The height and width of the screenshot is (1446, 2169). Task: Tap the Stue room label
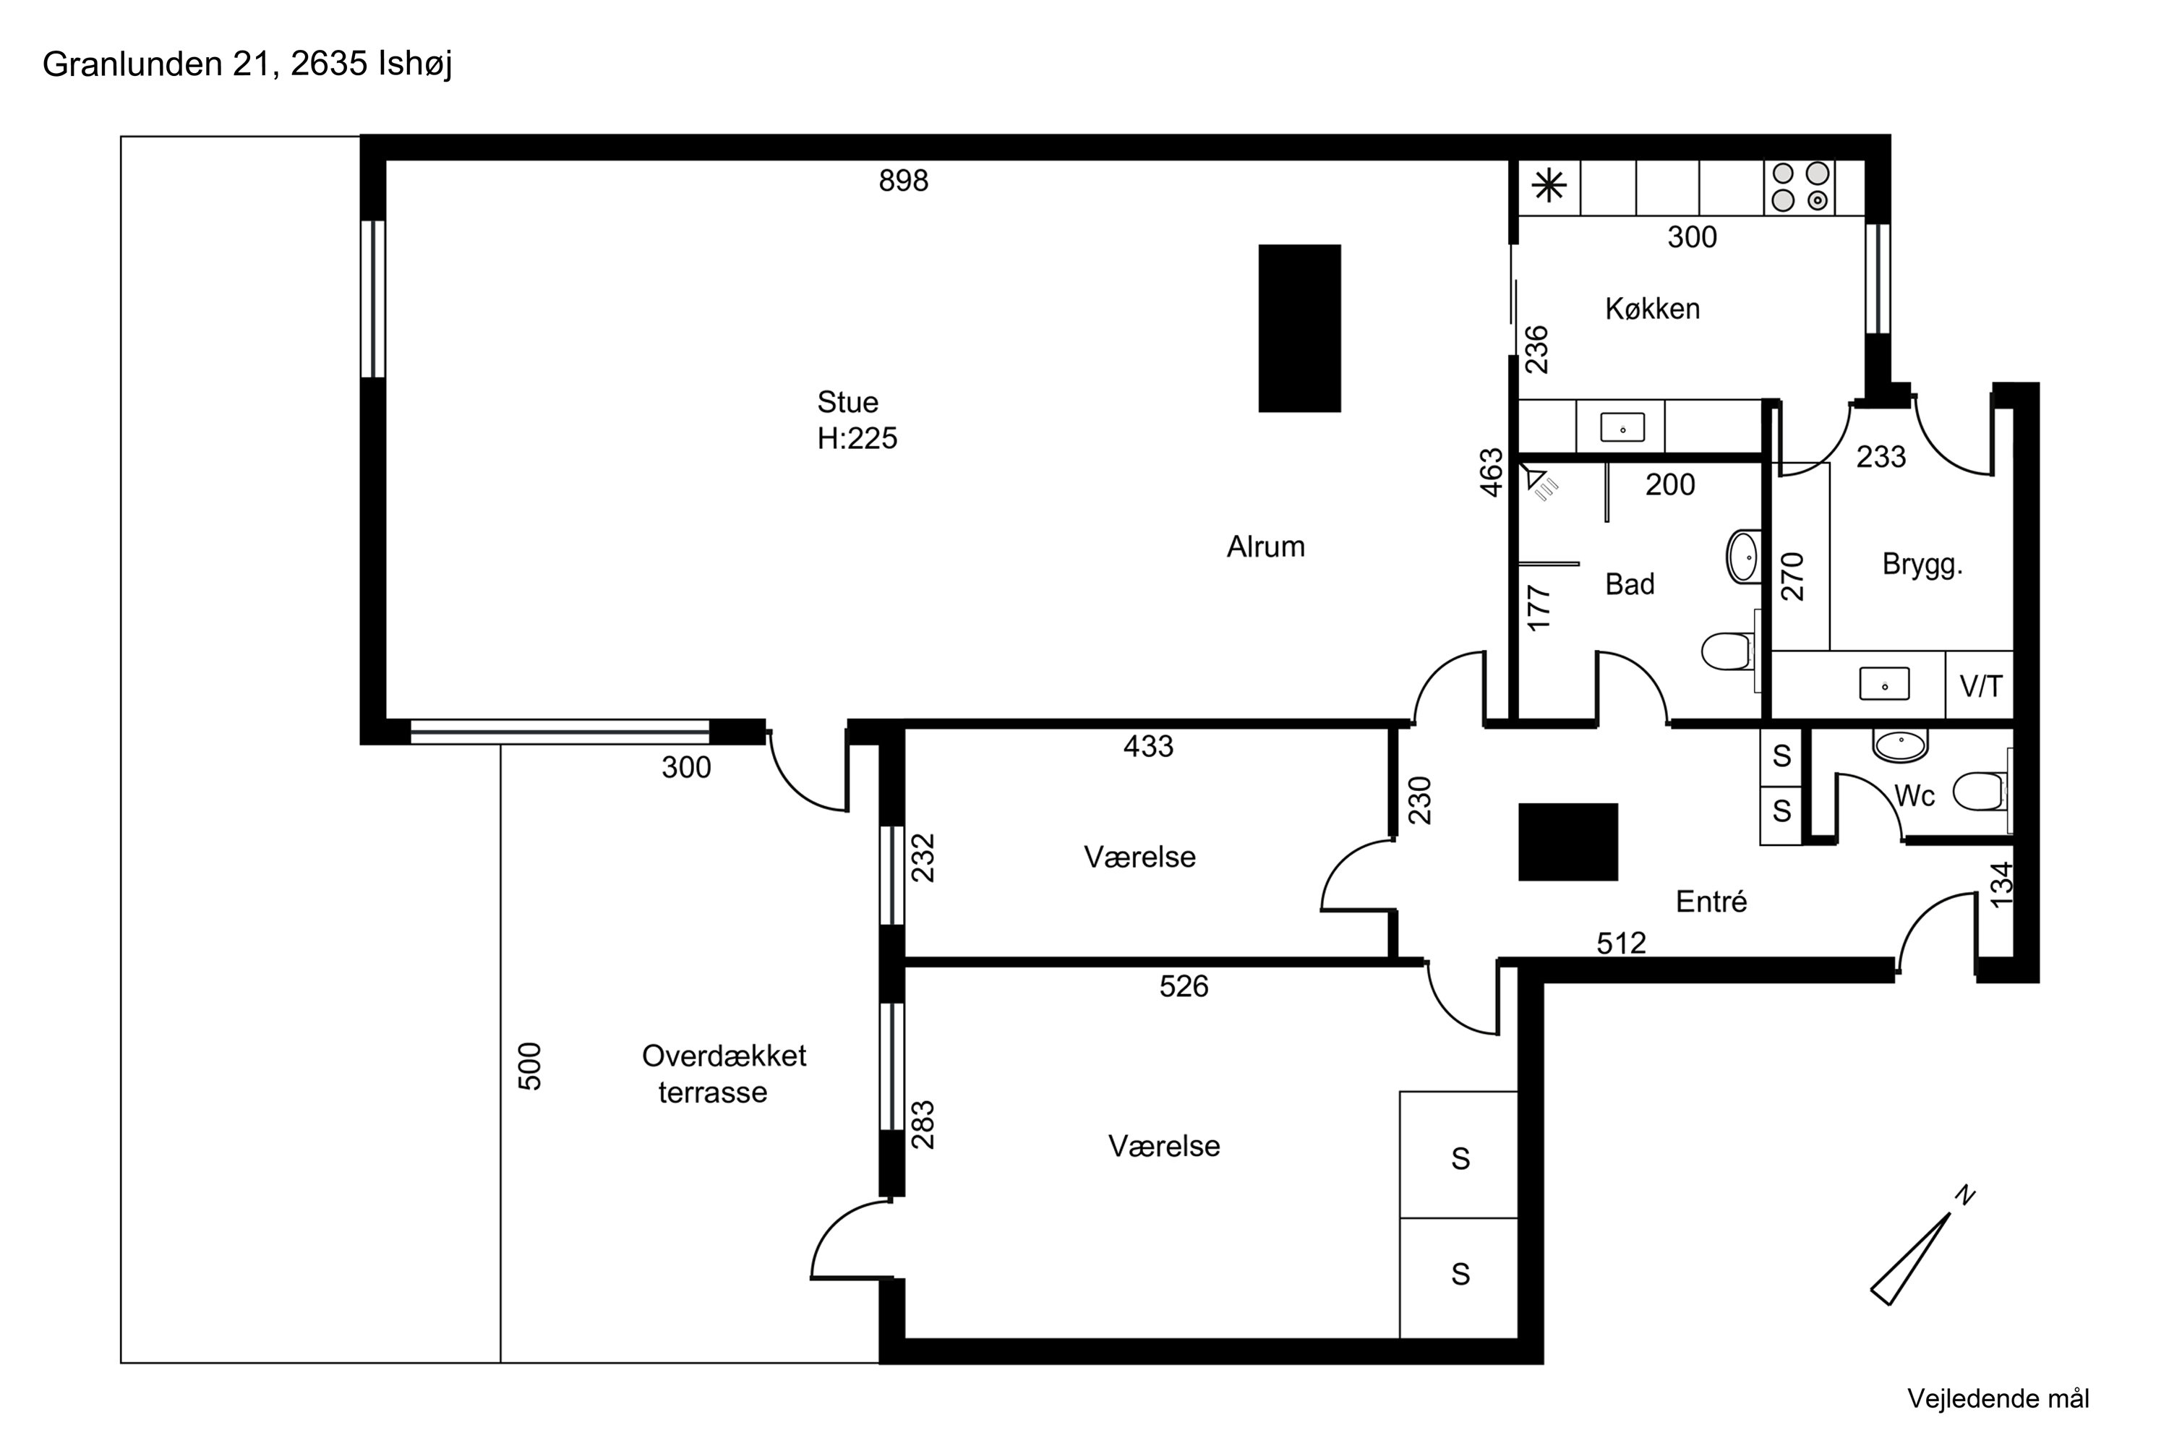847,402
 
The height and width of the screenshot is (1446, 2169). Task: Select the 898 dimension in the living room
903,181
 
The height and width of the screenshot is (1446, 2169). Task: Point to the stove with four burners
1800,187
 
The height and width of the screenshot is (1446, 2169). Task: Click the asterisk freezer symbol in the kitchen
1549,187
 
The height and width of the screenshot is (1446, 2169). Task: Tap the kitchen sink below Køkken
1622,428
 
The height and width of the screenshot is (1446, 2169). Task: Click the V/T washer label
1981,686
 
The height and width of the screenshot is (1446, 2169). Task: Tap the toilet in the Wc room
1979,791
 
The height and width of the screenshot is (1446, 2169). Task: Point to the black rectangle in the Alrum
1299,328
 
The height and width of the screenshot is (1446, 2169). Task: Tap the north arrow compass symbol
1922,1245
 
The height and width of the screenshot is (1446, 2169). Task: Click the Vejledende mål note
1998,1399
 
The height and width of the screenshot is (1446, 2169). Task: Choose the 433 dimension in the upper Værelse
1148,746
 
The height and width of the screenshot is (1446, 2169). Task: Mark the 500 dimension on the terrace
530,1066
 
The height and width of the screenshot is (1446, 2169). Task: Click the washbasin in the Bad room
1743,556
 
